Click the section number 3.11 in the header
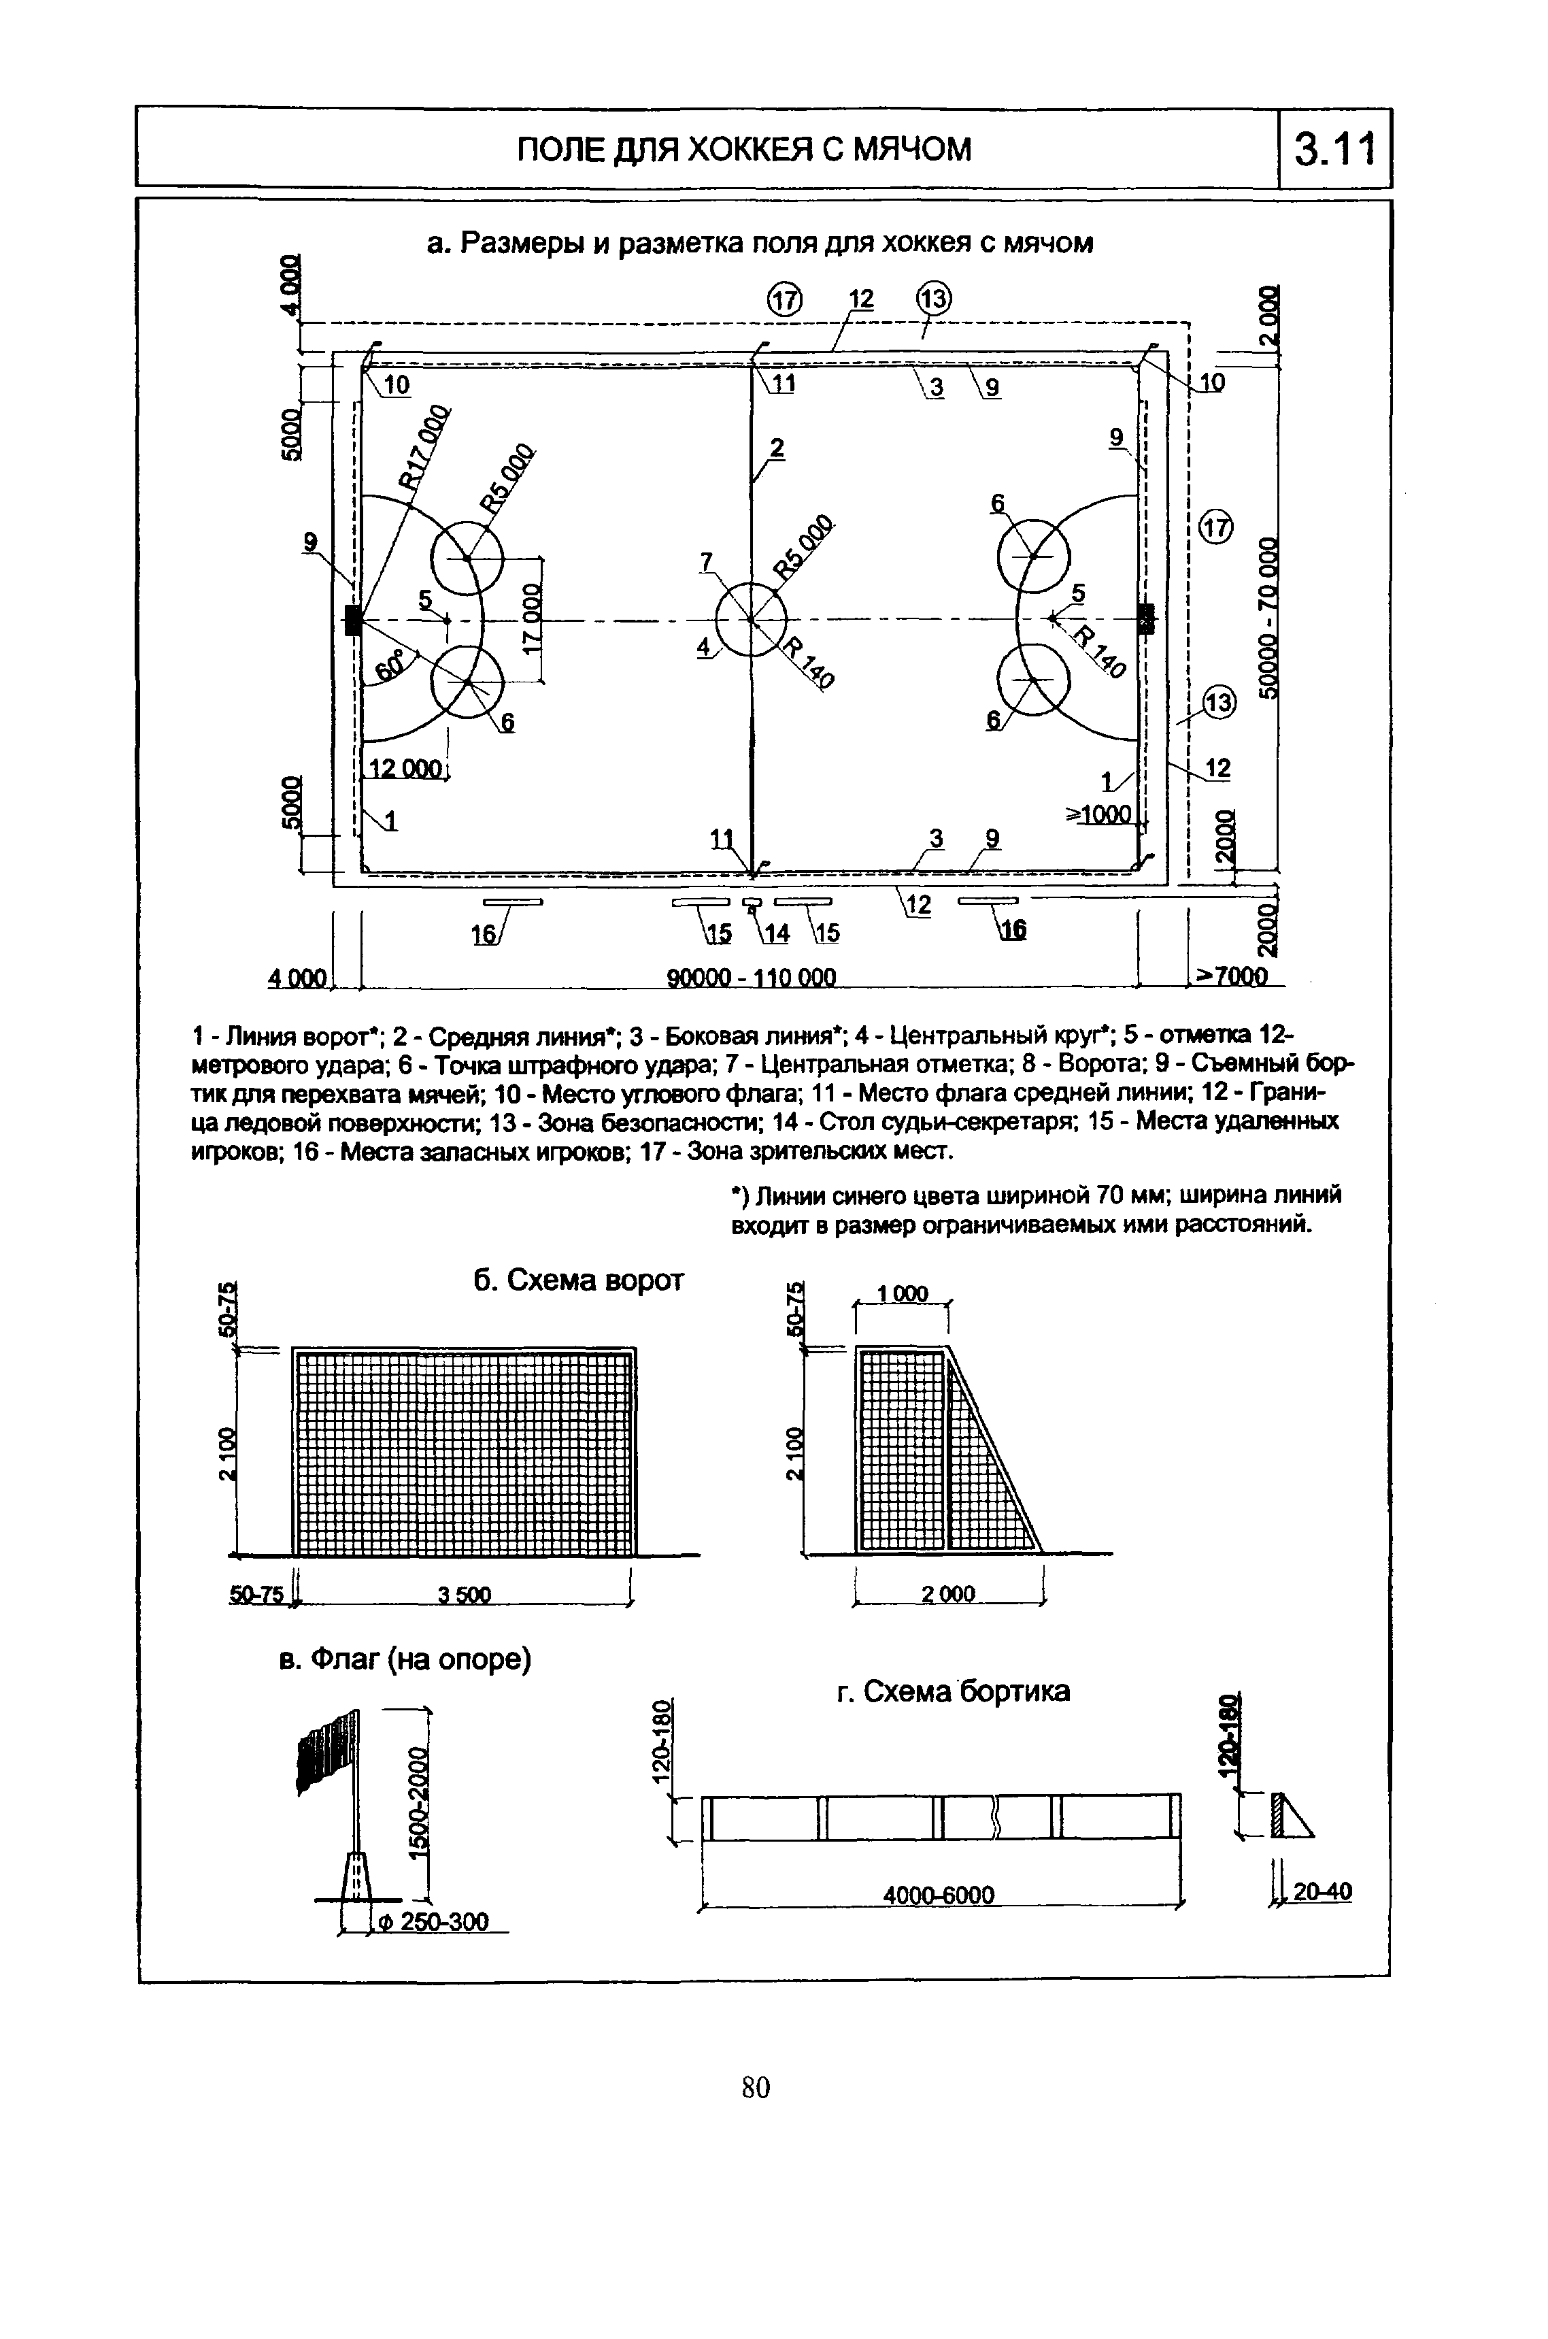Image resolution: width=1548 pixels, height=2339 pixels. (1334, 150)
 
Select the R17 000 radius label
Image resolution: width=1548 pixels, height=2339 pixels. (422, 446)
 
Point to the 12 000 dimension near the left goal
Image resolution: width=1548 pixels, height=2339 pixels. (406, 768)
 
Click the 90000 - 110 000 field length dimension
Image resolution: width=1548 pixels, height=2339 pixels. (752, 978)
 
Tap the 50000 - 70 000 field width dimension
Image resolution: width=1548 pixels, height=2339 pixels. (1268, 618)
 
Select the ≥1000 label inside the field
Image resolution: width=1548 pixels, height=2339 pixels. (1098, 814)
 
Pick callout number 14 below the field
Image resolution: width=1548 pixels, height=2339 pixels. (776, 932)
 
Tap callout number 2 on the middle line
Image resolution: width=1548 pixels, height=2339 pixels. (777, 448)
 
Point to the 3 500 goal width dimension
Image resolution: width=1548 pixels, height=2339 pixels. (464, 1595)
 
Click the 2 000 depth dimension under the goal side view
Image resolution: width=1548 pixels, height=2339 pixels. (947, 1593)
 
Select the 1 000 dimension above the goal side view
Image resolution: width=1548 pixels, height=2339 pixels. (903, 1293)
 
